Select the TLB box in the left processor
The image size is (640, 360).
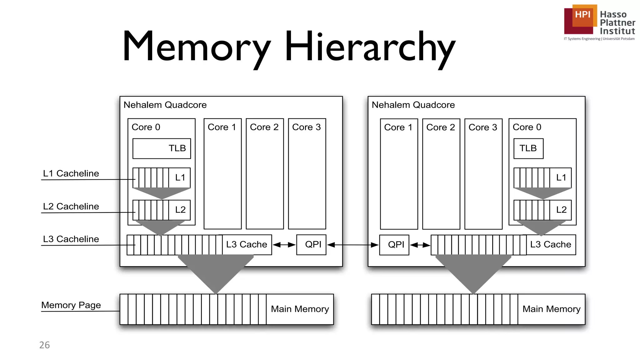162,148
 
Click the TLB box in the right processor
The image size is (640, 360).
528,148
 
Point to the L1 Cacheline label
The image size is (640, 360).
71,173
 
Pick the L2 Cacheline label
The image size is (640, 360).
71,207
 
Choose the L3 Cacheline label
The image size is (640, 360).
71,239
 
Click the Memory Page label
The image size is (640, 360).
71,305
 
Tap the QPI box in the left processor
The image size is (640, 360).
311,245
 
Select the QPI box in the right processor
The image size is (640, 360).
394,245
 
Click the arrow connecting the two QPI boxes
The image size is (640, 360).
353,245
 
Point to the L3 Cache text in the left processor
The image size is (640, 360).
247,244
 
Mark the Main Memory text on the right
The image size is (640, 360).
551,309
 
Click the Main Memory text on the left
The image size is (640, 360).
300,309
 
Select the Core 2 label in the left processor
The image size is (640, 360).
264,127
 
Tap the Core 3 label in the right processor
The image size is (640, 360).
483,127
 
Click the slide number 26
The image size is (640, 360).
44,345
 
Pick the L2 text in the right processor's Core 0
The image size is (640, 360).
561,210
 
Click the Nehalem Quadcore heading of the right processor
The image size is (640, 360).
413,105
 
